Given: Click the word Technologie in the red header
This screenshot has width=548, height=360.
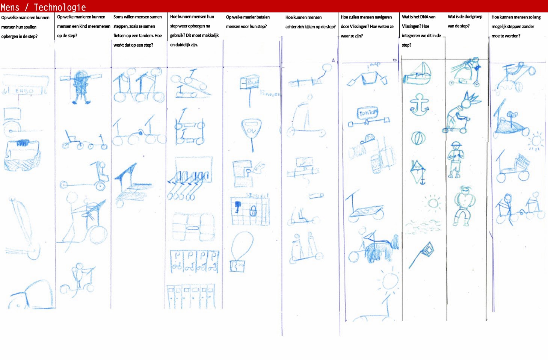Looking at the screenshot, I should point(60,7).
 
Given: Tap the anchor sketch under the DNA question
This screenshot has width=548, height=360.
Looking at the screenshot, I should point(419,105).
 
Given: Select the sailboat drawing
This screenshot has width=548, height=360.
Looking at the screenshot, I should point(418,74).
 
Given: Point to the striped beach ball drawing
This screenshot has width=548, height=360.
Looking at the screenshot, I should point(418,138).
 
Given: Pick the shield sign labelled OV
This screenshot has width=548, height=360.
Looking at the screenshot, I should point(251,130).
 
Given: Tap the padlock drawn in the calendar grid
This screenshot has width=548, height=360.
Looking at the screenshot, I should point(253,210).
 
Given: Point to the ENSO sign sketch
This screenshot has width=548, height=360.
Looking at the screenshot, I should point(25,90).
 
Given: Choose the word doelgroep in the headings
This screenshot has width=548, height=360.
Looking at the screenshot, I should point(473,17).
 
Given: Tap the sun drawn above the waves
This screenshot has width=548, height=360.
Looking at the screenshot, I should point(434,203).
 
